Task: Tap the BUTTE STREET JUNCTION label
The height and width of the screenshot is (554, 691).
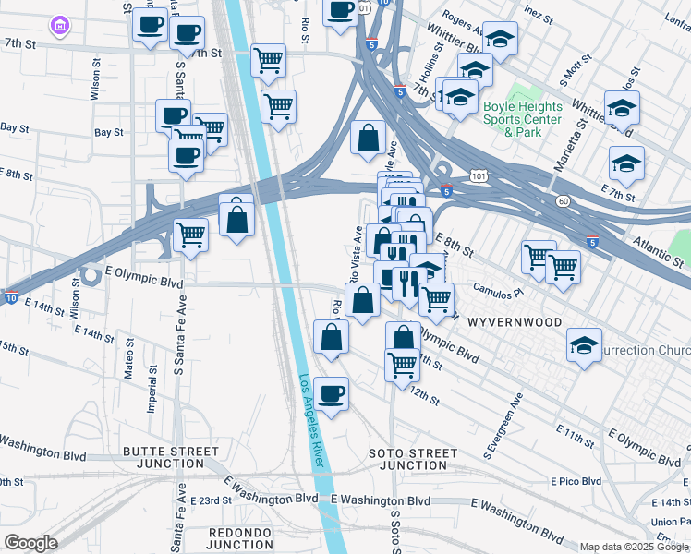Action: click(171, 458)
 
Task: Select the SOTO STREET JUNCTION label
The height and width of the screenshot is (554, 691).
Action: click(412, 459)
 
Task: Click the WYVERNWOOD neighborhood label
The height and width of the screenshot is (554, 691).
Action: click(514, 322)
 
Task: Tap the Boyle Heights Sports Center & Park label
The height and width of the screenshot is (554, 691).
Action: click(522, 119)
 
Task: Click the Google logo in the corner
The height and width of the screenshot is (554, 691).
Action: click(30, 543)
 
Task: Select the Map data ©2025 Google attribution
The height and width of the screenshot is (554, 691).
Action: click(633, 547)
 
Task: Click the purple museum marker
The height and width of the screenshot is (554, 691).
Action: click(61, 23)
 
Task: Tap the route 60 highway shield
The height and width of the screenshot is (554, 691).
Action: click(562, 200)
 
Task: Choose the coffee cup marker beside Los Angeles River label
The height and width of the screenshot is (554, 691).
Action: click(331, 394)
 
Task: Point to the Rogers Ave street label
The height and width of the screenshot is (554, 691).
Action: click(463, 16)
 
